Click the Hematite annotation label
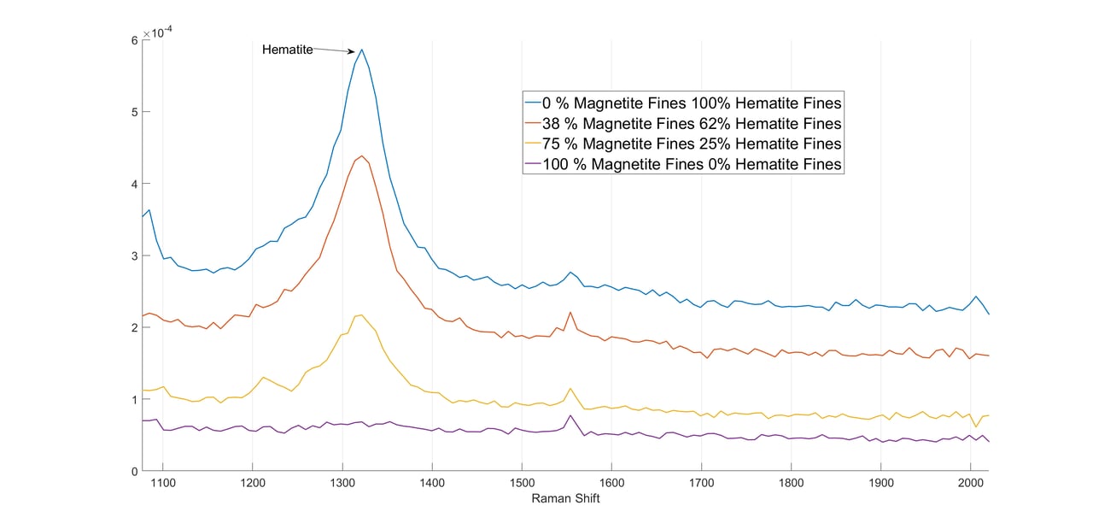click(x=287, y=50)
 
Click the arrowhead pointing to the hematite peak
click(x=352, y=52)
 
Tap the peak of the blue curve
click(x=362, y=50)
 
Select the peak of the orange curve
click(x=362, y=156)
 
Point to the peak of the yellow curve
click(x=361, y=314)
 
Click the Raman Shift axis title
click(x=565, y=498)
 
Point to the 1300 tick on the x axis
click(x=342, y=483)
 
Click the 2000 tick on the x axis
click(x=971, y=483)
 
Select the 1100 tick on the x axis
click(x=162, y=483)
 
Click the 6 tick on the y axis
click(x=134, y=40)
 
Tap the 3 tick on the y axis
click(x=134, y=256)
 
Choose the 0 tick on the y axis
click(x=134, y=471)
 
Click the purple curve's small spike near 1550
click(x=570, y=415)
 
